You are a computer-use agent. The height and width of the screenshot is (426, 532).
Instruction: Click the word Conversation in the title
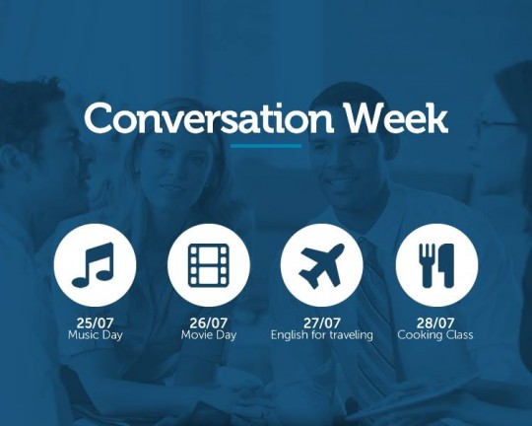click(209, 118)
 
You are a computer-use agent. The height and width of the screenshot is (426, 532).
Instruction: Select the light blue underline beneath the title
click(266, 146)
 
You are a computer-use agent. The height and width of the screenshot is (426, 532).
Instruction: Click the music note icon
click(93, 265)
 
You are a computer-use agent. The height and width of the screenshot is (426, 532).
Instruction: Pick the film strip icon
click(208, 264)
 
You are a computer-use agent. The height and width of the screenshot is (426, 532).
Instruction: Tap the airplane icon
click(321, 265)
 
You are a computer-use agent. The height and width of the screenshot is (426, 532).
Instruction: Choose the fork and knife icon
click(436, 265)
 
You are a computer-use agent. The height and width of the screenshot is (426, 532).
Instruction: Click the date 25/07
click(95, 322)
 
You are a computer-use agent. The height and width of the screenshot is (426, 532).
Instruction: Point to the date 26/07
click(208, 322)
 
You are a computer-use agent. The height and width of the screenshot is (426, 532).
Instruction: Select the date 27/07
click(321, 322)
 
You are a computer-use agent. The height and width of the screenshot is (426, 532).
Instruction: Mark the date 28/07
click(435, 322)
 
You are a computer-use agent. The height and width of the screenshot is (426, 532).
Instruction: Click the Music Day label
click(95, 335)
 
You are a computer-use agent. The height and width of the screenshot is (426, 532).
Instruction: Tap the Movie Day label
click(208, 335)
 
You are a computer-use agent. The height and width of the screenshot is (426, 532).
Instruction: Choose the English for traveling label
click(321, 335)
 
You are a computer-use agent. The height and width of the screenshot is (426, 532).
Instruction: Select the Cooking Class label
click(435, 335)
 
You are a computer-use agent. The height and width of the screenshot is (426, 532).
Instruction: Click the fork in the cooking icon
click(428, 265)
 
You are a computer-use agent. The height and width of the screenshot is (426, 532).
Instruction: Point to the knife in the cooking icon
click(446, 265)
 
